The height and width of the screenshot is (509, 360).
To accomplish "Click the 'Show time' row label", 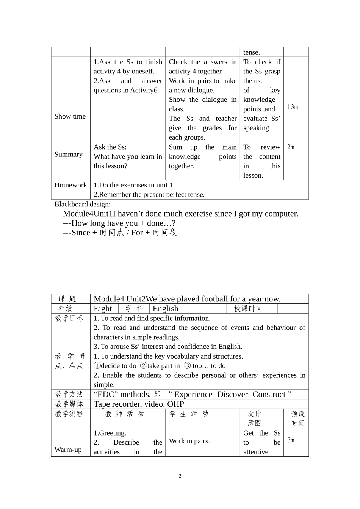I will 70,116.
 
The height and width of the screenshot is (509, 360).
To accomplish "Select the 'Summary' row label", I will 69,155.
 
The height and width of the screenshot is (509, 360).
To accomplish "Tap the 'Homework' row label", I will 71,185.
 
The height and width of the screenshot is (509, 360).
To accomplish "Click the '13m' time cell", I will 293,107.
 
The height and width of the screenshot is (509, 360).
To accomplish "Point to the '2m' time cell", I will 291,147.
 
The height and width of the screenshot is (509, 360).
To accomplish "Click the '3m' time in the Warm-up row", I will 291,440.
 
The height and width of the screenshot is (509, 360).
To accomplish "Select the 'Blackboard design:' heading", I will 83,204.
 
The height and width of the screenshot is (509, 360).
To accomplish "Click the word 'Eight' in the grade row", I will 103,309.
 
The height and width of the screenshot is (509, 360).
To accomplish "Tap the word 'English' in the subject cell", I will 165,309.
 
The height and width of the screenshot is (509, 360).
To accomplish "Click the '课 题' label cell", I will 67,299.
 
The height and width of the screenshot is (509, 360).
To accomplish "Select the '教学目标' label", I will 69,319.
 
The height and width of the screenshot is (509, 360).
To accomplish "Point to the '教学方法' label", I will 69,394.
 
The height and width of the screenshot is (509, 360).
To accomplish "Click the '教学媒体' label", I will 69,404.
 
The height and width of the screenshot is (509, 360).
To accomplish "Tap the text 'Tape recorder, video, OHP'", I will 139,404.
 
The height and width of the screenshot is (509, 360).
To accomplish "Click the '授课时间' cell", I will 248,309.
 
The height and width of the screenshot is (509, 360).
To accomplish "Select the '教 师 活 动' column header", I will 125,414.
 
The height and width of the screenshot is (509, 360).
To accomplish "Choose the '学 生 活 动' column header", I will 189,414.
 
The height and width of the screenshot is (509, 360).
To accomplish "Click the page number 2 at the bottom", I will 180,476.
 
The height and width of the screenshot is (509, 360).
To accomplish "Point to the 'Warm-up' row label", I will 68,450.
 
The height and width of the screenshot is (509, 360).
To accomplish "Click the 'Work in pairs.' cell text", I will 189,441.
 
